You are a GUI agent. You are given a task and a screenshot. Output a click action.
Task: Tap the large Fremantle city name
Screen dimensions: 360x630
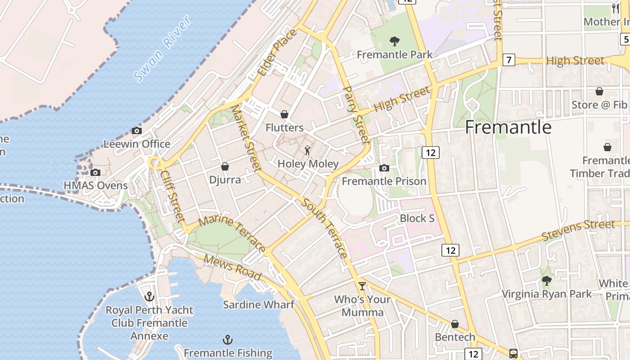[x=508, y=127]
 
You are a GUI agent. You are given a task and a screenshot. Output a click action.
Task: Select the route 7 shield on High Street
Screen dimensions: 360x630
[x=508, y=60]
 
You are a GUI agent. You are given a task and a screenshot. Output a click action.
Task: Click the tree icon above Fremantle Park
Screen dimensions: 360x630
[x=395, y=41]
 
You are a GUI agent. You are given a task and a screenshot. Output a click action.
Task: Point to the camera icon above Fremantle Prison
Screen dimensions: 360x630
[x=384, y=168]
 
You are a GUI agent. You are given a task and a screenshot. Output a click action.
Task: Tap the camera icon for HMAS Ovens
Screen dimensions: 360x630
[x=95, y=172]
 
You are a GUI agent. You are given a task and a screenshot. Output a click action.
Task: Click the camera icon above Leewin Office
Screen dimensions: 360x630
[x=137, y=131]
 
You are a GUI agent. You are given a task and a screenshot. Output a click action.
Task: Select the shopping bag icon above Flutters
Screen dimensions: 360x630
[x=284, y=114]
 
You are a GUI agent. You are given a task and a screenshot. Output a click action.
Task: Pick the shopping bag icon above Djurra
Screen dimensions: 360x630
[x=225, y=166]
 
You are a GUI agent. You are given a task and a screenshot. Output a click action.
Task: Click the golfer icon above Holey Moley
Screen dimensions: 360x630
[x=308, y=150]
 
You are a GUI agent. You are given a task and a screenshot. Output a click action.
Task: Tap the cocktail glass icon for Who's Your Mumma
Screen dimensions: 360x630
[x=362, y=286]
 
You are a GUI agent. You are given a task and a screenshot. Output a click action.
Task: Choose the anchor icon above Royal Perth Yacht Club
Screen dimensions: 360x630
[x=149, y=297]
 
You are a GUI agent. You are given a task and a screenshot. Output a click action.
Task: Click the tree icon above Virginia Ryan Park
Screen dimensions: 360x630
[x=547, y=281]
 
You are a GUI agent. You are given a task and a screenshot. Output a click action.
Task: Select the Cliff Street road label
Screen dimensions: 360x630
[x=173, y=196]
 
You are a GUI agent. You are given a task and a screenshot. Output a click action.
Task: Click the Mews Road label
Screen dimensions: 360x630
[x=232, y=267]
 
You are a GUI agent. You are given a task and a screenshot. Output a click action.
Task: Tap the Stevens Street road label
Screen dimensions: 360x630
[x=578, y=230]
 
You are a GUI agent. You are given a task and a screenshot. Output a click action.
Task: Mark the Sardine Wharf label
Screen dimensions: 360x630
[x=259, y=305]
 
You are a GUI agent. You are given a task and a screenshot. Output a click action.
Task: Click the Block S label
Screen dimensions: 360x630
[x=417, y=218]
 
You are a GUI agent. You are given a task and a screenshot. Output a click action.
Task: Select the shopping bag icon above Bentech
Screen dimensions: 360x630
[x=455, y=324]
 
